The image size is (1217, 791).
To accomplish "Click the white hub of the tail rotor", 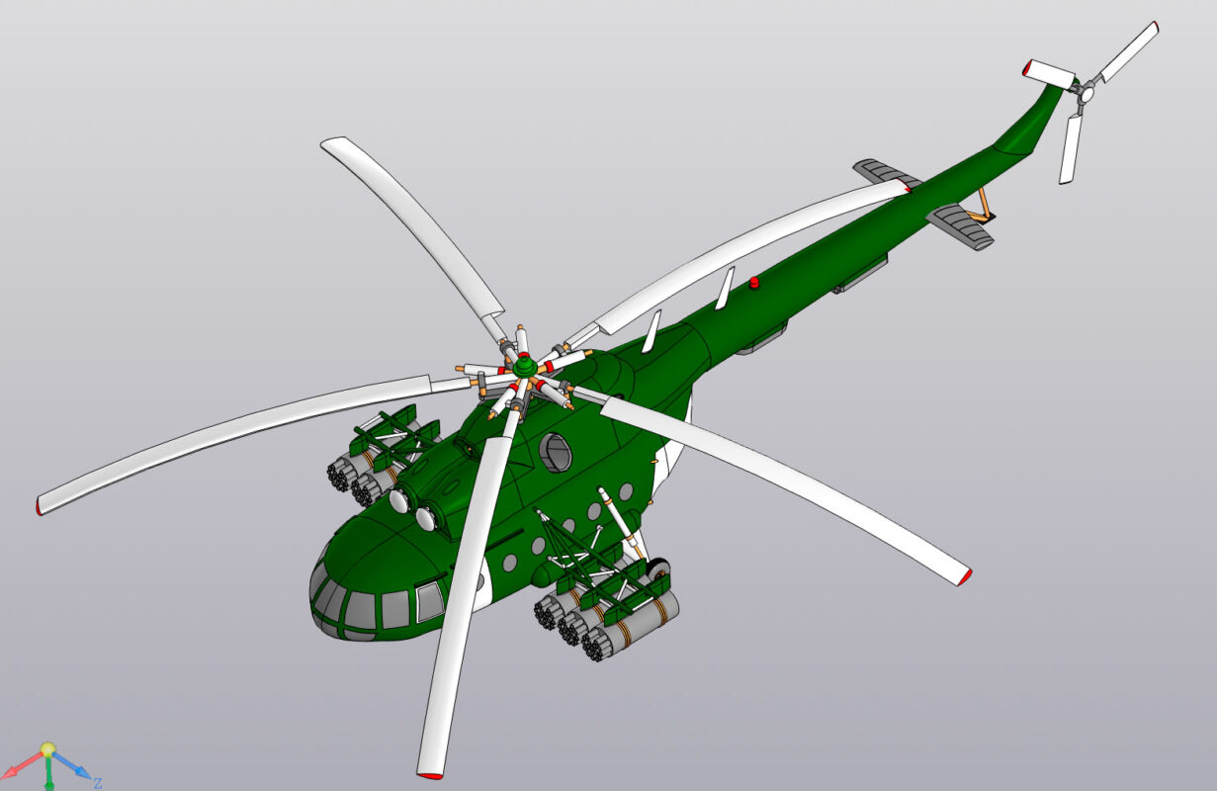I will point(1086,93).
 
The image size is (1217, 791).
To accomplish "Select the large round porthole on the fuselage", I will point(557,452).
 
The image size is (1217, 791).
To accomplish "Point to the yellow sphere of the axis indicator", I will point(47,749).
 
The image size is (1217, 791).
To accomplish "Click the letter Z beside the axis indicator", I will point(98,783).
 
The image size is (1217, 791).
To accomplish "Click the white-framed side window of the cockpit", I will point(429,601).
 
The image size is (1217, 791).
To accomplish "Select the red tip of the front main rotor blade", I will point(430,773).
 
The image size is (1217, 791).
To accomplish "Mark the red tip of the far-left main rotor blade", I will point(41,508).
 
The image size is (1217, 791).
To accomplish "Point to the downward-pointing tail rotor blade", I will point(1070,148).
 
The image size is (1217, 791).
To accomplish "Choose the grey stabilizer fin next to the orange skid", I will point(960,227).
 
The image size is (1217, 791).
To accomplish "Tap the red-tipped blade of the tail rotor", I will point(1050,71).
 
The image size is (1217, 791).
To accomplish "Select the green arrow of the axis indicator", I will point(47,774).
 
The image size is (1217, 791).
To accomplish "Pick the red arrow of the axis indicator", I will point(20,767).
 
